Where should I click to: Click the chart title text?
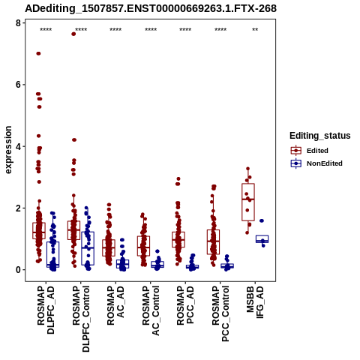(x=151, y=9)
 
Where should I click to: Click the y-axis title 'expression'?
(x=8, y=150)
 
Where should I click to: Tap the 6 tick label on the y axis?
(x=18, y=85)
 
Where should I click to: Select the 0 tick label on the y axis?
(x=18, y=270)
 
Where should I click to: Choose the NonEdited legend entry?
(x=316, y=163)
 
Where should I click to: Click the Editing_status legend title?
(x=320, y=136)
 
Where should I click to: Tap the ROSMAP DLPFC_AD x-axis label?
(x=46, y=310)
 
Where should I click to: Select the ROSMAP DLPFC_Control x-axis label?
(x=81, y=319)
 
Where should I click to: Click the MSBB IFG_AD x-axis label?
(x=255, y=302)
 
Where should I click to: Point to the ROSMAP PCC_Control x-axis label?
(x=220, y=313)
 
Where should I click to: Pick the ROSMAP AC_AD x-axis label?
(x=115, y=305)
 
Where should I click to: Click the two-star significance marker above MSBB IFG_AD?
(x=255, y=30)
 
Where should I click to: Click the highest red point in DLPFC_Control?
(x=73, y=34)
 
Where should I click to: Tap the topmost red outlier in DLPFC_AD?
(x=38, y=53)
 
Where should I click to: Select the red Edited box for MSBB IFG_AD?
(x=248, y=202)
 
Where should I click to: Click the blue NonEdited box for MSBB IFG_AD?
(x=262, y=239)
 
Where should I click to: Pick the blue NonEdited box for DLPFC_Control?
(x=88, y=248)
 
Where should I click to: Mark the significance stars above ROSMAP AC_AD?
(x=115, y=30)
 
